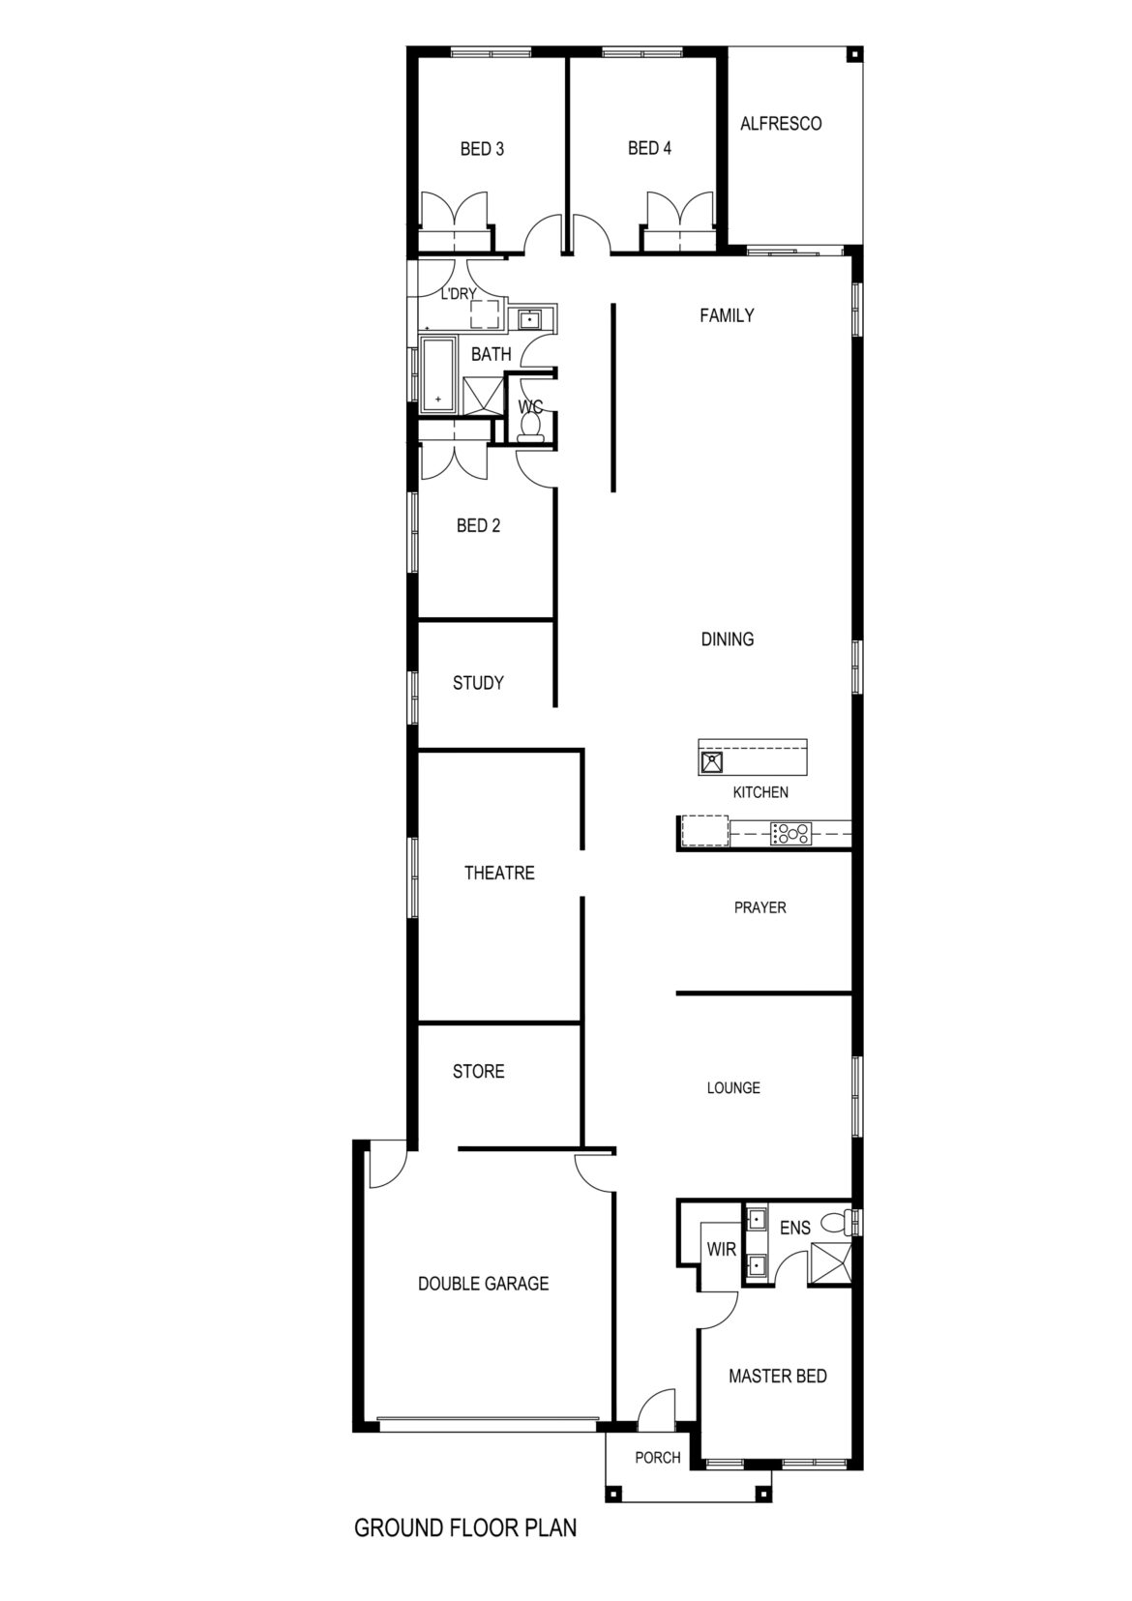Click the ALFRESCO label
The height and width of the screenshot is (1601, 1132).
click(x=781, y=124)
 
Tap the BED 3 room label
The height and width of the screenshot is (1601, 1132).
click(x=482, y=149)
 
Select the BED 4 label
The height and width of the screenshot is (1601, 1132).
click(x=649, y=148)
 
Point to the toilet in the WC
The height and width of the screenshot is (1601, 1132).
click(x=530, y=426)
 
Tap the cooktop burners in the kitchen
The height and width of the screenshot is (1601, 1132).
click(x=791, y=833)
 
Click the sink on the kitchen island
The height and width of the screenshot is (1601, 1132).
click(x=712, y=762)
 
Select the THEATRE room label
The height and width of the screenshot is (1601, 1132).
click(x=499, y=873)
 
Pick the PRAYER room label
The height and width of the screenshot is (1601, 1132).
click(x=760, y=907)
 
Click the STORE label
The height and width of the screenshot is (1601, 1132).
click(x=478, y=1072)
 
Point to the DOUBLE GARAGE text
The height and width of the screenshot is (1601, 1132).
click(x=483, y=1284)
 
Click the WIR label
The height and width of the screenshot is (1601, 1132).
click(x=721, y=1250)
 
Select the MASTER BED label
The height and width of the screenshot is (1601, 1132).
click(x=778, y=1376)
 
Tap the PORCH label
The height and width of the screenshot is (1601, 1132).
click(x=658, y=1457)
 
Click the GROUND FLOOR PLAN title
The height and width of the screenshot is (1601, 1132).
click(x=465, y=1542)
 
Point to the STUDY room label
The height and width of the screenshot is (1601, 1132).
click(x=478, y=683)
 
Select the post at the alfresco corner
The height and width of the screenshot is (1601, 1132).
click(x=853, y=56)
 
